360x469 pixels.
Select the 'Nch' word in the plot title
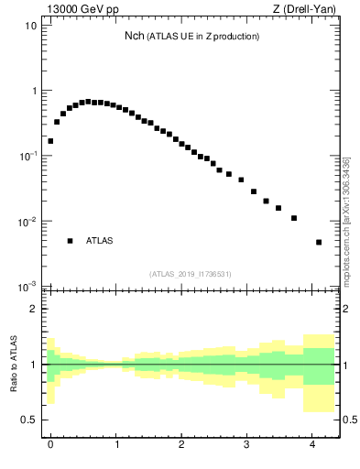134,36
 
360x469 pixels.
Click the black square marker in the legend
70,241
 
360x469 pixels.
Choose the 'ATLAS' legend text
100,241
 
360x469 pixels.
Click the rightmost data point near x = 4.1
319,242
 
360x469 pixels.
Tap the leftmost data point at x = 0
50,141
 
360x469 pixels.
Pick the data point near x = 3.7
294,218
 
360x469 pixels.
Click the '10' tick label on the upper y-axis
30,26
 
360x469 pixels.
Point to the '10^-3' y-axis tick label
27,287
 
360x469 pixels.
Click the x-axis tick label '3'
247,444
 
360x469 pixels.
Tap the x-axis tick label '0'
50,444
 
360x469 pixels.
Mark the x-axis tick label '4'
312,444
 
